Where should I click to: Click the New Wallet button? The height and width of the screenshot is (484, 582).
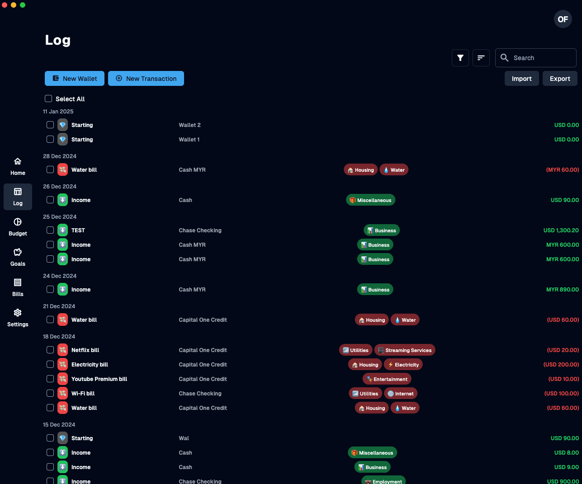point(75,78)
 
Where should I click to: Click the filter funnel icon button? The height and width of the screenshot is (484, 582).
point(460,58)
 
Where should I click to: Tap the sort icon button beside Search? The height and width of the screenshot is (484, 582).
point(481,58)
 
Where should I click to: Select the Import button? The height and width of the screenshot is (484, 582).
point(521,79)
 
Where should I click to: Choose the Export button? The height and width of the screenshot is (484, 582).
point(560,79)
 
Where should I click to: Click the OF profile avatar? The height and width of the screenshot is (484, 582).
point(563,19)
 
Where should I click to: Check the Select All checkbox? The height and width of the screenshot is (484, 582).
point(48,99)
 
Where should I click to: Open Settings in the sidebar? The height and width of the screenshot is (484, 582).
point(18,318)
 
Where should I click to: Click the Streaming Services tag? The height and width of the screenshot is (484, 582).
point(405,350)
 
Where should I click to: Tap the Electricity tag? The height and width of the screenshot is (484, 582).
point(403,365)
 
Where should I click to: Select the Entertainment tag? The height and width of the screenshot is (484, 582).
point(387,379)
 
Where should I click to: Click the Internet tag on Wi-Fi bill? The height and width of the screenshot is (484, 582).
point(401,394)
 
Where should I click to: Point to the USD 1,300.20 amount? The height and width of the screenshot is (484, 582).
point(561,230)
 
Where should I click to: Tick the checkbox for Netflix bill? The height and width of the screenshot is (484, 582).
point(50,350)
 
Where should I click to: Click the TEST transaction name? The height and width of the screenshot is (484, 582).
point(78,230)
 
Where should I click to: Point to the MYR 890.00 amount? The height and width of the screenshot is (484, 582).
point(562,290)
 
